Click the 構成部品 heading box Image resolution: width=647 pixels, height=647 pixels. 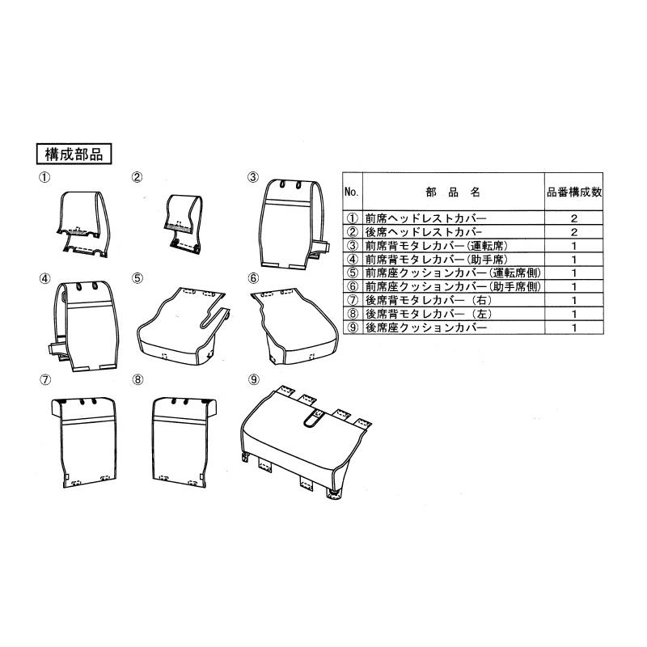74,154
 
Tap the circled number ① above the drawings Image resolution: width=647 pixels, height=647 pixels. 44,177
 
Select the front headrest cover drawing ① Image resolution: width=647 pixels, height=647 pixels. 83,224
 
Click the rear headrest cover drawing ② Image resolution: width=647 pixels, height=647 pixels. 184,223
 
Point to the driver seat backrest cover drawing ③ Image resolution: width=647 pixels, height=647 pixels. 294,225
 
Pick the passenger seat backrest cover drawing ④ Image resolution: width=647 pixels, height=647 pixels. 85,326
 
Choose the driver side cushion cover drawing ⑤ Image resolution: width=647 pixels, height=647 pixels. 184,326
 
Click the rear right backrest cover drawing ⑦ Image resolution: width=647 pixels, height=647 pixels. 84,442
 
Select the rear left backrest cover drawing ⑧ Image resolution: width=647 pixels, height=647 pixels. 184,442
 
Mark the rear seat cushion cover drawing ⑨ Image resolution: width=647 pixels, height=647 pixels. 307,442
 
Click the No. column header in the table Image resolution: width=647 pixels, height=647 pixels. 351,192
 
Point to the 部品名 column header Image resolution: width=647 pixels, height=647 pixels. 453,192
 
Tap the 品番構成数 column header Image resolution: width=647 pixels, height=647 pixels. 574,192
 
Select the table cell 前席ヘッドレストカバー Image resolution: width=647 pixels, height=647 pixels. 426,218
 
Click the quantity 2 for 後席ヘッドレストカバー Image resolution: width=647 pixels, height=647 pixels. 574,232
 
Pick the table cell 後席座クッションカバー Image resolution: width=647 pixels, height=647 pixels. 426,328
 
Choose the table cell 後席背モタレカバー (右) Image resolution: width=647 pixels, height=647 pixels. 429,300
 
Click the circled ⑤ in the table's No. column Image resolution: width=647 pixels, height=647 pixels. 353,273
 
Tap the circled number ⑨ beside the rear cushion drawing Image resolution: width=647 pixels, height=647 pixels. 254,379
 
